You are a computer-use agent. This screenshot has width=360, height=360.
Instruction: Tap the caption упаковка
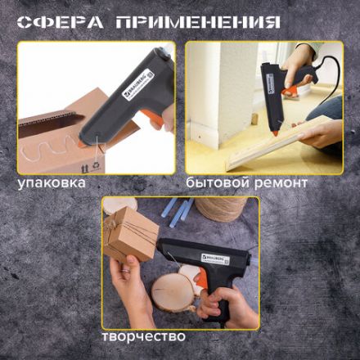pos(52,182)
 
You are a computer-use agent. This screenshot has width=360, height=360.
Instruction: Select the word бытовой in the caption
pos(216,182)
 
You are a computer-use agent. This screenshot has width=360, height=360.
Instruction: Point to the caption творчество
pos(143,335)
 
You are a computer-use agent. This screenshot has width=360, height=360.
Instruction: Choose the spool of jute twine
pos(222,209)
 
